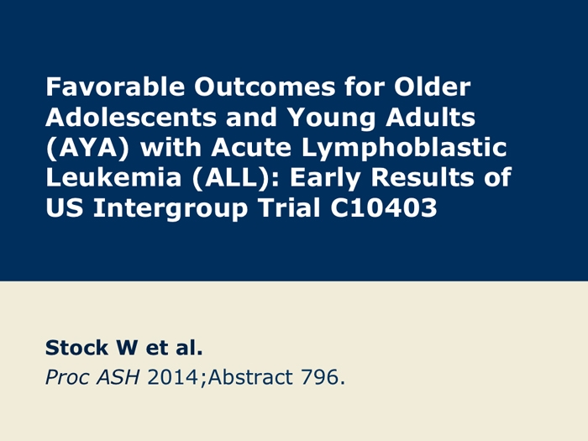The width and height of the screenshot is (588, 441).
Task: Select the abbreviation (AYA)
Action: (85, 148)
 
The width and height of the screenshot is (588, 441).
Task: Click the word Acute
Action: (251, 148)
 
